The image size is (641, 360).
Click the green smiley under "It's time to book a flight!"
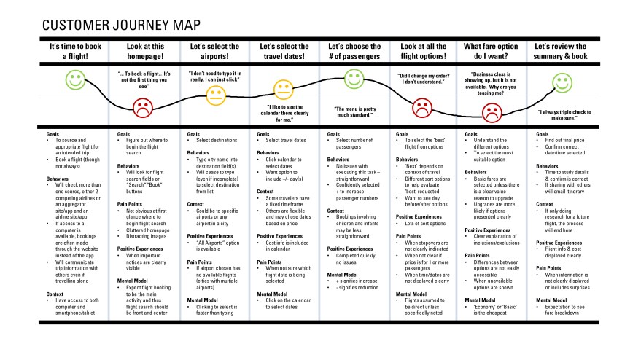click(75, 79)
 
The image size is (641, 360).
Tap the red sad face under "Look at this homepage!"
click(143, 109)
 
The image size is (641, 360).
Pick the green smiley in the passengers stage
click(354, 78)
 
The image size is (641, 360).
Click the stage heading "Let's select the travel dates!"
click(284, 51)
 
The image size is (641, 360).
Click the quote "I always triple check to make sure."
click(566, 114)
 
